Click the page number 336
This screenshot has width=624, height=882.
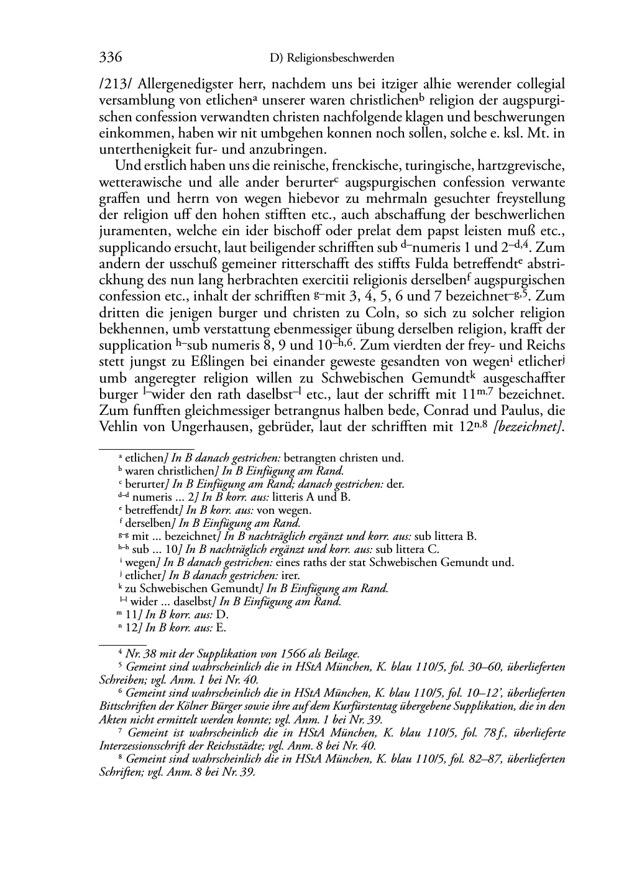110,58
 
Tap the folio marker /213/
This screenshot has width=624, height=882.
116,84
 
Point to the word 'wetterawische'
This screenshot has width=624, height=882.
140,183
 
